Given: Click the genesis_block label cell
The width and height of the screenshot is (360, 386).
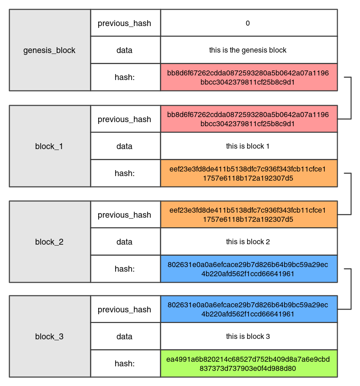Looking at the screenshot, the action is [x=50, y=50].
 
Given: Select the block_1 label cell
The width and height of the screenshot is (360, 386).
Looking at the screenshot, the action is [x=50, y=146].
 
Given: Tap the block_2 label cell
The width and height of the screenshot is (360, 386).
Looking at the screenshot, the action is [x=50, y=241].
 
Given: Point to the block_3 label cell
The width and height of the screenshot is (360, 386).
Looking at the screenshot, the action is [x=50, y=336].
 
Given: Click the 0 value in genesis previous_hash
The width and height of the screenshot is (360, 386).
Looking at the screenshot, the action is [x=248, y=23].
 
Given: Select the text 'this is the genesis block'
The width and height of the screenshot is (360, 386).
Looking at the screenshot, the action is [x=248, y=50].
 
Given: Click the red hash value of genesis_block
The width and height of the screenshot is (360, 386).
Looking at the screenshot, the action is [x=249, y=77].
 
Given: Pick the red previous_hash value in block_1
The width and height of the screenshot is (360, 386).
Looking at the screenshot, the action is [x=249, y=119].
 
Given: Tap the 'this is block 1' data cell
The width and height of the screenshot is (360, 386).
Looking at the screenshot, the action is [x=249, y=146].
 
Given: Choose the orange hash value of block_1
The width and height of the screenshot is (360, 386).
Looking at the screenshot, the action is [x=249, y=173].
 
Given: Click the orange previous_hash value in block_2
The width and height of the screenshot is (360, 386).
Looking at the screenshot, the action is [x=249, y=214].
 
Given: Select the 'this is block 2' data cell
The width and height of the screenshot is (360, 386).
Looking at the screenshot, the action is [x=249, y=241].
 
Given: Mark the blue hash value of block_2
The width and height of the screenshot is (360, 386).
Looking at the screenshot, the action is [x=249, y=269].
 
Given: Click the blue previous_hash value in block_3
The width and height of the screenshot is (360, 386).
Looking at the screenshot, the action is [x=249, y=309].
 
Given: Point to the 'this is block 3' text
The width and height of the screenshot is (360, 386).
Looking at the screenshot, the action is [x=248, y=336].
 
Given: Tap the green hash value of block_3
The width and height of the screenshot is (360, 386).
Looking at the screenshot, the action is [x=249, y=363].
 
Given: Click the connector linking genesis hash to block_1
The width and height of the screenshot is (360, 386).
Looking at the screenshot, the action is [x=351, y=98].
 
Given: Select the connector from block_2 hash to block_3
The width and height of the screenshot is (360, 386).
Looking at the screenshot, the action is [x=351, y=289].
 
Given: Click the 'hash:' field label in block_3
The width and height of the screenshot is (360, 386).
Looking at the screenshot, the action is [x=125, y=363].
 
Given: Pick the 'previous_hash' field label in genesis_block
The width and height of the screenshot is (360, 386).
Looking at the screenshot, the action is [x=124, y=23].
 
